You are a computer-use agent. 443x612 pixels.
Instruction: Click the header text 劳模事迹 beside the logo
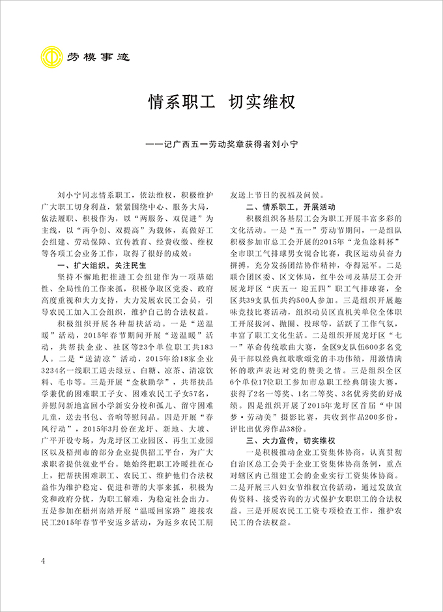98,57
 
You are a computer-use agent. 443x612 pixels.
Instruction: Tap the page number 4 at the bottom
42,562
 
